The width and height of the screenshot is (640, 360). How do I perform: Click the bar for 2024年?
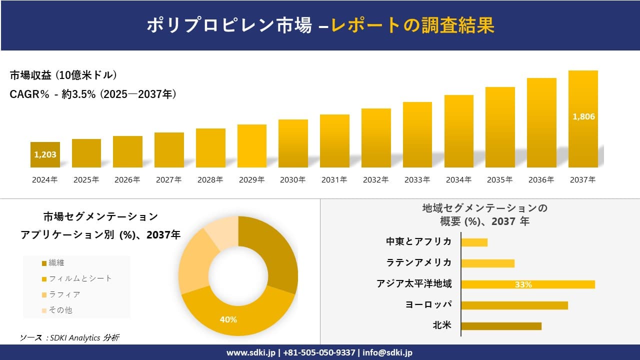pyautogui.click(x=45, y=154)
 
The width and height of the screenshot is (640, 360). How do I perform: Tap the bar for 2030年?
pyautogui.click(x=293, y=143)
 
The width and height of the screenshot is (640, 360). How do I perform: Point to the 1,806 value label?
pyautogui.click(x=583, y=116)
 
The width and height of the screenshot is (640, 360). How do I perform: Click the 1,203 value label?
pyautogui.click(x=45, y=154)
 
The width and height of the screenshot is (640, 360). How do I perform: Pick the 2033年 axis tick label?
pyautogui.click(x=417, y=180)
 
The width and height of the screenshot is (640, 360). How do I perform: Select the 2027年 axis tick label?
pyautogui.click(x=168, y=180)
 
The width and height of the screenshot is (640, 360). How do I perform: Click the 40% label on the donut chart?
pyautogui.click(x=228, y=319)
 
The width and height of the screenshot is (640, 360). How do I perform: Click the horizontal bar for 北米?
pyautogui.click(x=501, y=326)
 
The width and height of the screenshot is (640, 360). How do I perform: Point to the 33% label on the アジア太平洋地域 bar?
pyautogui.click(x=523, y=284)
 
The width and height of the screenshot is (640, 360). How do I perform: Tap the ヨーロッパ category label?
pyautogui.click(x=428, y=305)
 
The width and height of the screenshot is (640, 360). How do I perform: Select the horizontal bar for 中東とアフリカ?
pyautogui.click(x=474, y=242)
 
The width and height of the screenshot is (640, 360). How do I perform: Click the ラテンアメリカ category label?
pyautogui.click(x=419, y=263)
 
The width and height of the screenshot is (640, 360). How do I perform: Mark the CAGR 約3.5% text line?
pyautogui.click(x=93, y=94)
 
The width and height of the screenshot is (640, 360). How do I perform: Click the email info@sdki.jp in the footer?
pyautogui.click(x=387, y=352)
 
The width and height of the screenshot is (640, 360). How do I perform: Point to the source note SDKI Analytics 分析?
pyautogui.click(x=69, y=338)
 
